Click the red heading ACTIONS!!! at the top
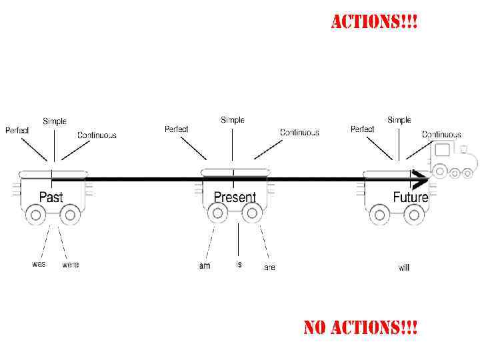pyautogui.click(x=375, y=22)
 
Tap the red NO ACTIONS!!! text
pyautogui.click(x=361, y=328)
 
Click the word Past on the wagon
pyautogui.click(x=51, y=197)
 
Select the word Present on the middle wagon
pyautogui.click(x=235, y=197)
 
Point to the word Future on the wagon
pyautogui.click(x=410, y=197)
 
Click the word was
pyautogui.click(x=39, y=264)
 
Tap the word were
pyautogui.click(x=71, y=265)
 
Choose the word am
pyautogui.click(x=205, y=266)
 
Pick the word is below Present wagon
pyautogui.click(x=239, y=264)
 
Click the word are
pyautogui.click(x=269, y=267)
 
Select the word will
pyautogui.click(x=404, y=267)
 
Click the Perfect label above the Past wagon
pyautogui.click(x=17, y=131)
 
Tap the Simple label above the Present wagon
pyautogui.click(x=233, y=120)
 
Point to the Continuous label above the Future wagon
pyautogui.click(x=441, y=135)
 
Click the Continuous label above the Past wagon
pyautogui.click(x=97, y=135)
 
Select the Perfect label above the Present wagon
pyautogui.click(x=177, y=129)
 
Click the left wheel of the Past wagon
pyautogui.click(x=35, y=215)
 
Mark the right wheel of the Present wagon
pyautogui.click(x=251, y=213)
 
